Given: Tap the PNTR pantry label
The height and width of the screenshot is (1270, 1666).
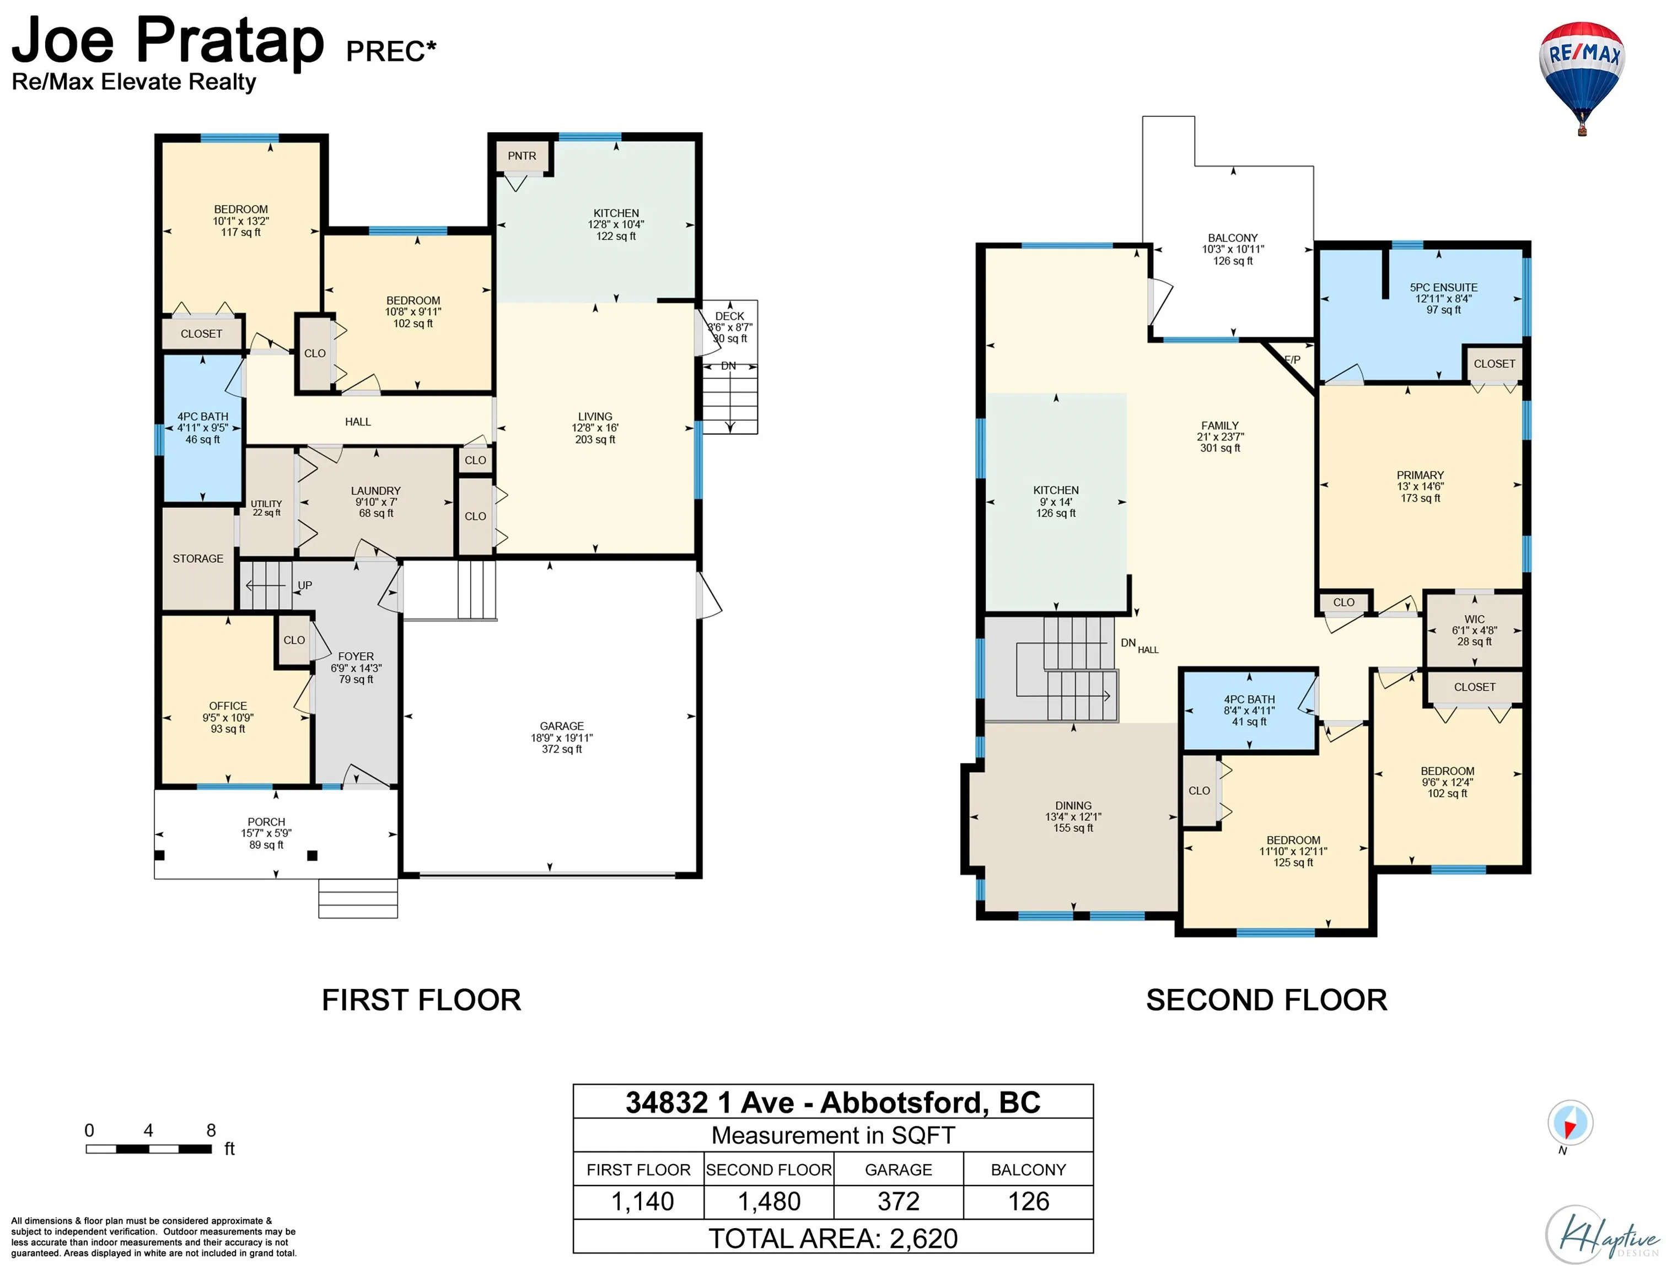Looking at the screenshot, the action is [522, 156].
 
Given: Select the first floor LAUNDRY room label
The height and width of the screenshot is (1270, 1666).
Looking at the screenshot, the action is [375, 491].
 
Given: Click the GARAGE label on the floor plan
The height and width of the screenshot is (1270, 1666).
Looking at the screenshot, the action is [562, 726].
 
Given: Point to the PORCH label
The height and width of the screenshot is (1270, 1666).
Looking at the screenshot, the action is [266, 822].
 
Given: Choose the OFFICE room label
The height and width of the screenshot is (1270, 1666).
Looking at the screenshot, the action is [228, 706].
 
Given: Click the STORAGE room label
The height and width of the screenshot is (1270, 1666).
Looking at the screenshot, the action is [198, 558].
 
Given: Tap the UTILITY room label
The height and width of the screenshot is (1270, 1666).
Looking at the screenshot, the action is [266, 503].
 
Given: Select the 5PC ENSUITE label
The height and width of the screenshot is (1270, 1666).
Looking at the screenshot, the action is [1443, 287].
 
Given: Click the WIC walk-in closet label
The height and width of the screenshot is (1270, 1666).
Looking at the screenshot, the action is [1474, 619].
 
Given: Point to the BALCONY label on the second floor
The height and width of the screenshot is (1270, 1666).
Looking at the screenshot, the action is [1233, 238].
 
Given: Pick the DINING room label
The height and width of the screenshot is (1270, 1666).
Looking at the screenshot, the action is [1073, 806].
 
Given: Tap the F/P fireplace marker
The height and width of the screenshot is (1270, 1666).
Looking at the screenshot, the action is [1293, 360].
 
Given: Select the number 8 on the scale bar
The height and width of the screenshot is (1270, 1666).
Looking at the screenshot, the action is [211, 1130].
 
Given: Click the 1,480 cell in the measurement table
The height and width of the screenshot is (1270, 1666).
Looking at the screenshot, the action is [768, 1201].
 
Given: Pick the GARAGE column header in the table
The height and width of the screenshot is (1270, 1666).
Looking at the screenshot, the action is [898, 1170].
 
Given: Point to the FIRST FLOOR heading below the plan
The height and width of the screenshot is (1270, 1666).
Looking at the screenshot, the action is [421, 1000].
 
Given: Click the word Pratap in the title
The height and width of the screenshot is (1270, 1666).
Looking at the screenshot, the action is [230, 41].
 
